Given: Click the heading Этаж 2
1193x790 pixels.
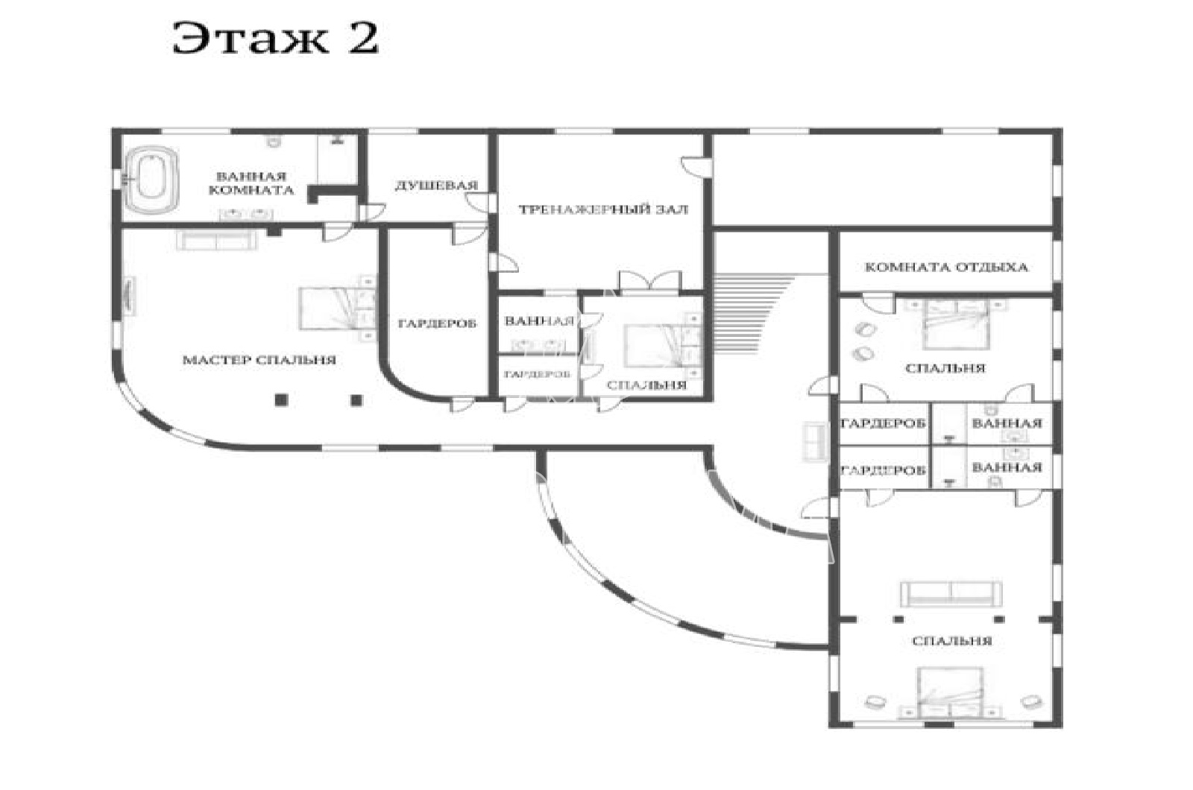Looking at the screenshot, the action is click(275, 38).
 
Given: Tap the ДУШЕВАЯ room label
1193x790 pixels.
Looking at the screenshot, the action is click(436, 186).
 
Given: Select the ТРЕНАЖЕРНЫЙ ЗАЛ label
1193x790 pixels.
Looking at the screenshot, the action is click(603, 209).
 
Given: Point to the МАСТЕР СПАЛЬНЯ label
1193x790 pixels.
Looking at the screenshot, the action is click(259, 360).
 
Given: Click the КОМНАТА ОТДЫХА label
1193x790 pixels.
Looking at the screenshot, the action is click(946, 268).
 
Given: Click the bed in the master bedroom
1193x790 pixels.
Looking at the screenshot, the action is click(336, 309).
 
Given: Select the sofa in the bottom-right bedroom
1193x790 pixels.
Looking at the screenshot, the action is click(951, 594).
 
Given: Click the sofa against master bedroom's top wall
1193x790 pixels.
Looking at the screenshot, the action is click(216, 240).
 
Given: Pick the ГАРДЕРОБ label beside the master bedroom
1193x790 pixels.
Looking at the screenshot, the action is click(437, 323).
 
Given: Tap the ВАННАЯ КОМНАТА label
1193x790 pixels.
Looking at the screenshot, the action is click(251, 183).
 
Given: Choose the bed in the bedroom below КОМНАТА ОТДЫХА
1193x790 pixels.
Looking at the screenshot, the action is click(957, 325).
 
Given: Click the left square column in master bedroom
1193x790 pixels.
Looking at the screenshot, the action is click(281, 399).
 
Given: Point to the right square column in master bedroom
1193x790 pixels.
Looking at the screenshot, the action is click(356, 399).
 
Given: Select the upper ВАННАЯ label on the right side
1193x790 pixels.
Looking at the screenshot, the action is click(1007, 423).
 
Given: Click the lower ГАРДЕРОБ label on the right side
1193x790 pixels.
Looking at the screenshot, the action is click(884, 470).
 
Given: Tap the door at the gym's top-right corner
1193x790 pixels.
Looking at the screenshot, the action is click(696, 165).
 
